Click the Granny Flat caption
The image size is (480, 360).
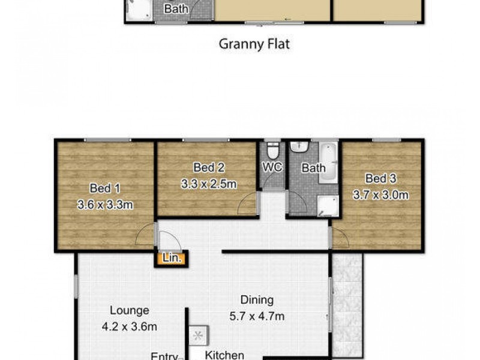[254, 44]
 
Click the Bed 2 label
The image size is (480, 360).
[208, 167]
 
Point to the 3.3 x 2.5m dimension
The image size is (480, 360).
[208, 184]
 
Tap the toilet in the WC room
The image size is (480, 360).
[272, 149]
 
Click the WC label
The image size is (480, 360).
[272, 168]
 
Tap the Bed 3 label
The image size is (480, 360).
[380, 178]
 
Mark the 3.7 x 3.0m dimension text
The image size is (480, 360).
[380, 195]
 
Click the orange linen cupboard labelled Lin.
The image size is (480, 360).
[170, 259]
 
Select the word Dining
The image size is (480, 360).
[257, 300]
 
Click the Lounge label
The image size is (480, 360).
[129, 311]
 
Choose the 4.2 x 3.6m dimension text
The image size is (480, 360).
[129, 328]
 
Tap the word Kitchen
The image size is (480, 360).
[225, 355]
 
